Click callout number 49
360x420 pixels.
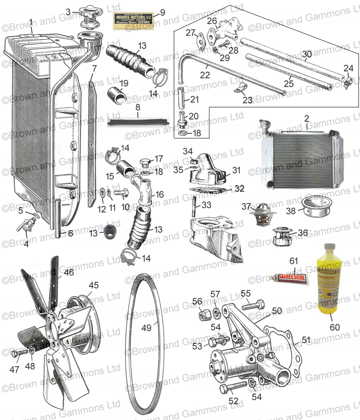pos(146,327)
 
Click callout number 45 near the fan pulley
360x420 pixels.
pos(93,285)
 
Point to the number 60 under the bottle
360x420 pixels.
pos(334,328)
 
